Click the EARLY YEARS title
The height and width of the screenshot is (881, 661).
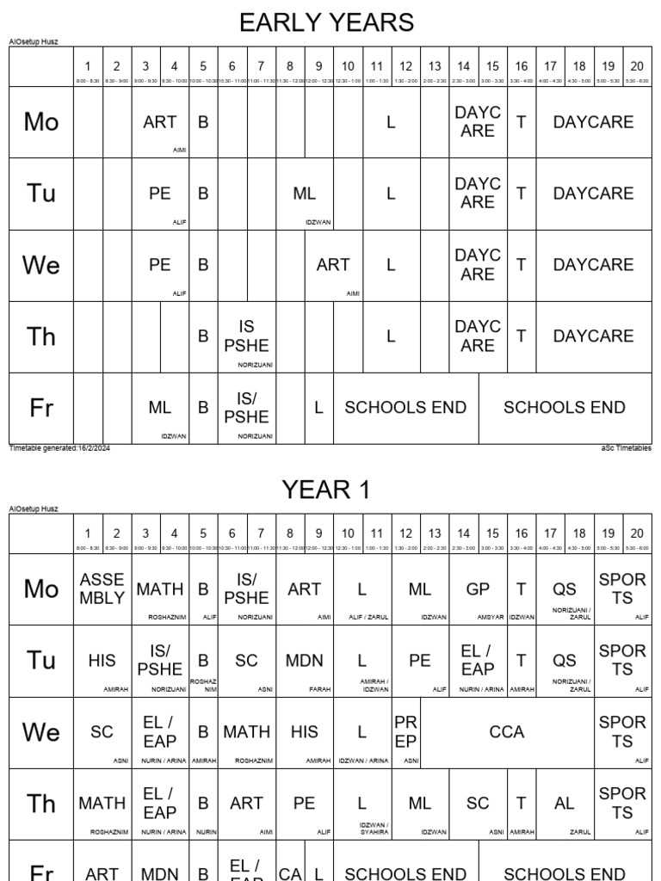point(326,22)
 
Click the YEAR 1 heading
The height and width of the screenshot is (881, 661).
point(326,490)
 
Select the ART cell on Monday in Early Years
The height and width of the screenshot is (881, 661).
point(160,122)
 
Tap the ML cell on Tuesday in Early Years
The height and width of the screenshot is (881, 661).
point(305,194)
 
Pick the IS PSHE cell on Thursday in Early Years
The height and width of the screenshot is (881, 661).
point(246,336)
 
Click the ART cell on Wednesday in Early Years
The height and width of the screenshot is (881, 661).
point(333,265)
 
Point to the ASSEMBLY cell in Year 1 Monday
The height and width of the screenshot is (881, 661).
point(102,588)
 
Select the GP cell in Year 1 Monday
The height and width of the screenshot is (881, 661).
point(478,588)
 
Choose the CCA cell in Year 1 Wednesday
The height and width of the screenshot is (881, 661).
point(506,732)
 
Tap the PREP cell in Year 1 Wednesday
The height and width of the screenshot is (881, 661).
point(405,731)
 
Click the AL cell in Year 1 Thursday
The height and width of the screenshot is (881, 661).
point(565,804)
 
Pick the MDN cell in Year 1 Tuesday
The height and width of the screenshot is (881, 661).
point(305,661)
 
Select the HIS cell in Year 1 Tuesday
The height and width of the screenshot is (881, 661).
point(102,661)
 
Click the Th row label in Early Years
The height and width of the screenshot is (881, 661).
point(41,336)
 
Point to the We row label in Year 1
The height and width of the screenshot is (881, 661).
point(41,732)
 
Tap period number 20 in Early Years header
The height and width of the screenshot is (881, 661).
point(637,65)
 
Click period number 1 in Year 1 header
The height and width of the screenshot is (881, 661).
point(88,533)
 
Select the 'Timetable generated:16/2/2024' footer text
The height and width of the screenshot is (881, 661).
point(59,448)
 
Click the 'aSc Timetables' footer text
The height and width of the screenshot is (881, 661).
point(626,448)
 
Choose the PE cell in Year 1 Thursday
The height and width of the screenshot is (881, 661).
point(305,804)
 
